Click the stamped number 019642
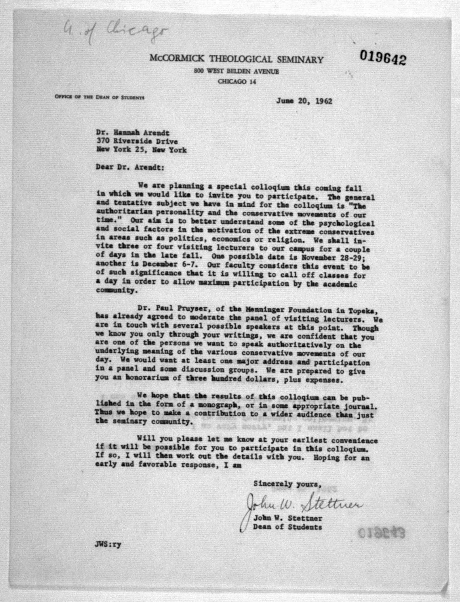tap(383, 58)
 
